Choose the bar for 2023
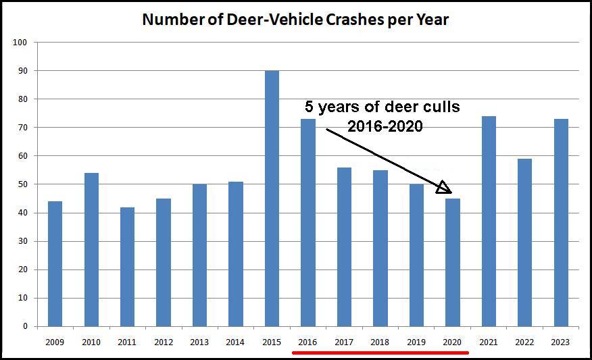point(561,223)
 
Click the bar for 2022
point(524,242)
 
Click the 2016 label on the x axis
point(307,342)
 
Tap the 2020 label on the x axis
point(452,342)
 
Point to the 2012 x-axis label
point(163,342)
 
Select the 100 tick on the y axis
point(20,43)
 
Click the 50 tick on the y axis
point(22,184)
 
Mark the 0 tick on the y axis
point(24,326)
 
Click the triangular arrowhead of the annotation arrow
point(443,188)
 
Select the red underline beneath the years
point(380,352)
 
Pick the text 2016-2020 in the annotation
point(385,126)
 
